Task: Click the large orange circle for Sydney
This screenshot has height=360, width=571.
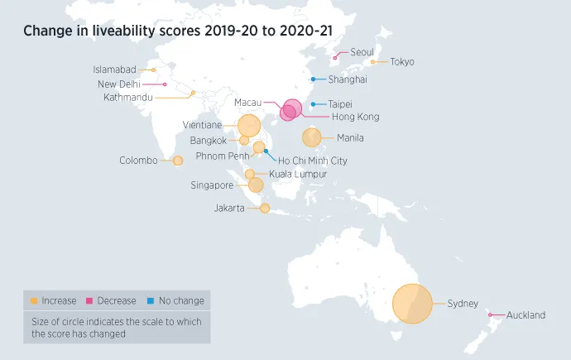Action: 412,304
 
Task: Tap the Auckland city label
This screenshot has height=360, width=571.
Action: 525,315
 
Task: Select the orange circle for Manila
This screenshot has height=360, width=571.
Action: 312,137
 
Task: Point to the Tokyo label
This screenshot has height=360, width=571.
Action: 402,62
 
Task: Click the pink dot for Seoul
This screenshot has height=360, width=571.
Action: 334,58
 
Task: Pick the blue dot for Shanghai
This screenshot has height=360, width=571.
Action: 313,79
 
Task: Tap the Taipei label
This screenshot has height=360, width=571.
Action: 340,104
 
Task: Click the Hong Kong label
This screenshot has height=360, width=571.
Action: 355,117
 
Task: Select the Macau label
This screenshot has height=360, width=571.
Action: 247,103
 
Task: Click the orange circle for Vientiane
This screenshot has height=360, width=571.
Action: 248,126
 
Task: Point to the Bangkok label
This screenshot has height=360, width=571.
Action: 208,141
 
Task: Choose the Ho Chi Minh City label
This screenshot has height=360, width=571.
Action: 313,161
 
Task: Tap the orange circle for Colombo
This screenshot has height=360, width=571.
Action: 177,161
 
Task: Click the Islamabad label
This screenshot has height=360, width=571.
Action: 114,70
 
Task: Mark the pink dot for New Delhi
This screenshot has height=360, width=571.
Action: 166,84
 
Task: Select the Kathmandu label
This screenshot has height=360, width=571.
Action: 128,98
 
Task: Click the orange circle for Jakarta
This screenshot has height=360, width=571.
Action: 265,209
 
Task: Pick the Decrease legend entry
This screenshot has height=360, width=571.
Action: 116,300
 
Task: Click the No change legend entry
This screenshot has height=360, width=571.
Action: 180,300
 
